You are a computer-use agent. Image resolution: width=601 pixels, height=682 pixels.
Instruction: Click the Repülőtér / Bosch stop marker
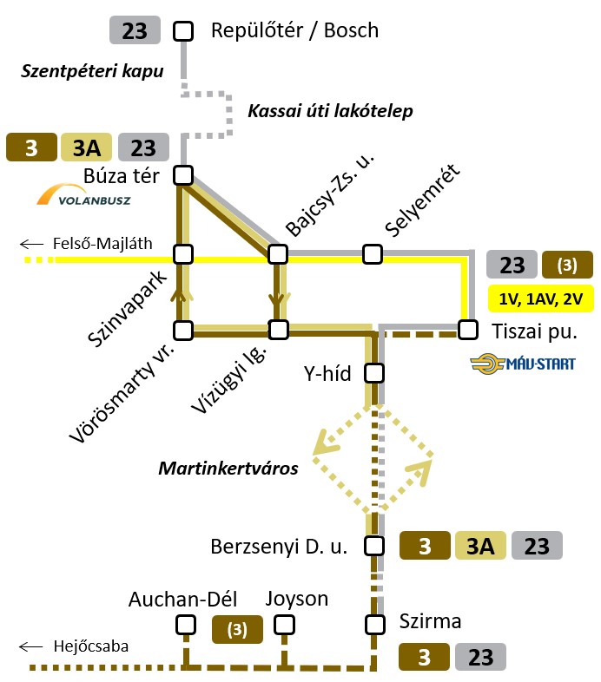click(x=183, y=31)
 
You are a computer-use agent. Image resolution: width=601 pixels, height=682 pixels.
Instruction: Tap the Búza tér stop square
click(x=183, y=175)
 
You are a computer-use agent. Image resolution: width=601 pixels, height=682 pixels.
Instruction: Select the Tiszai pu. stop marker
click(x=468, y=330)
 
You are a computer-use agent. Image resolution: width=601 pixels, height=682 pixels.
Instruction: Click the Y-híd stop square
click(x=373, y=373)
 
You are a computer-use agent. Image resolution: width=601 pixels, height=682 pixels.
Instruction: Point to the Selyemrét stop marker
click(x=373, y=253)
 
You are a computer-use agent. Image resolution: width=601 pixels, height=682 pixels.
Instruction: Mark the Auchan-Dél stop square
click(x=185, y=625)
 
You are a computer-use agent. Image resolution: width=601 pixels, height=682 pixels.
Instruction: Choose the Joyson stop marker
click(x=284, y=625)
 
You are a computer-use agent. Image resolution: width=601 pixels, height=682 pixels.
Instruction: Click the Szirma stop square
click(x=374, y=624)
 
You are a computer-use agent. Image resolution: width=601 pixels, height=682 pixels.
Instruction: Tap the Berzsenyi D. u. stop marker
click(x=374, y=546)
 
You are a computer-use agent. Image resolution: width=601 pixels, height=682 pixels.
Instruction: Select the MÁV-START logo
click(x=522, y=364)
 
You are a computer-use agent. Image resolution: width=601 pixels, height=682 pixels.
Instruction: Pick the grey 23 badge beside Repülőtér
click(x=135, y=31)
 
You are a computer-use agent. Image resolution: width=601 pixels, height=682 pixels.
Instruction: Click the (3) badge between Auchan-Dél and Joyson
click(x=237, y=629)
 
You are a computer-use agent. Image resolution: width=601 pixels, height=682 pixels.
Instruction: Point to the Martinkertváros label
click(x=228, y=469)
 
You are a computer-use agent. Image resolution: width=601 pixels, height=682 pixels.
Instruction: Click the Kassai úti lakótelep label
click(x=330, y=111)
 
